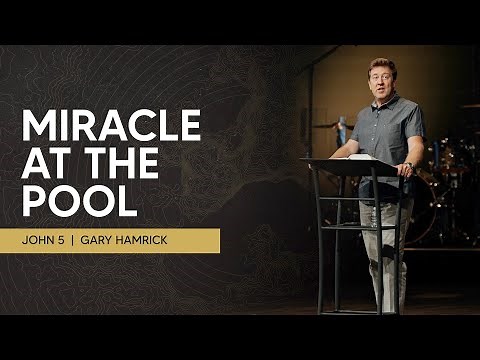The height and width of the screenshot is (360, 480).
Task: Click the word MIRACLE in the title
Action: [x=111, y=127]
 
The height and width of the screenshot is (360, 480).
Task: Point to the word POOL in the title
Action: [x=78, y=201]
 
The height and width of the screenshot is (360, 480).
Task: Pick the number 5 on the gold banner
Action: [x=77, y=241]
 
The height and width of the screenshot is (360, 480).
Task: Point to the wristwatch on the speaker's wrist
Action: [x=408, y=166]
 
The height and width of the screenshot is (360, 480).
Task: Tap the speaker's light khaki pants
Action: [x=384, y=250]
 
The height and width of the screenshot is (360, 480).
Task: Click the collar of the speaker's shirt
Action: [x=386, y=101]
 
